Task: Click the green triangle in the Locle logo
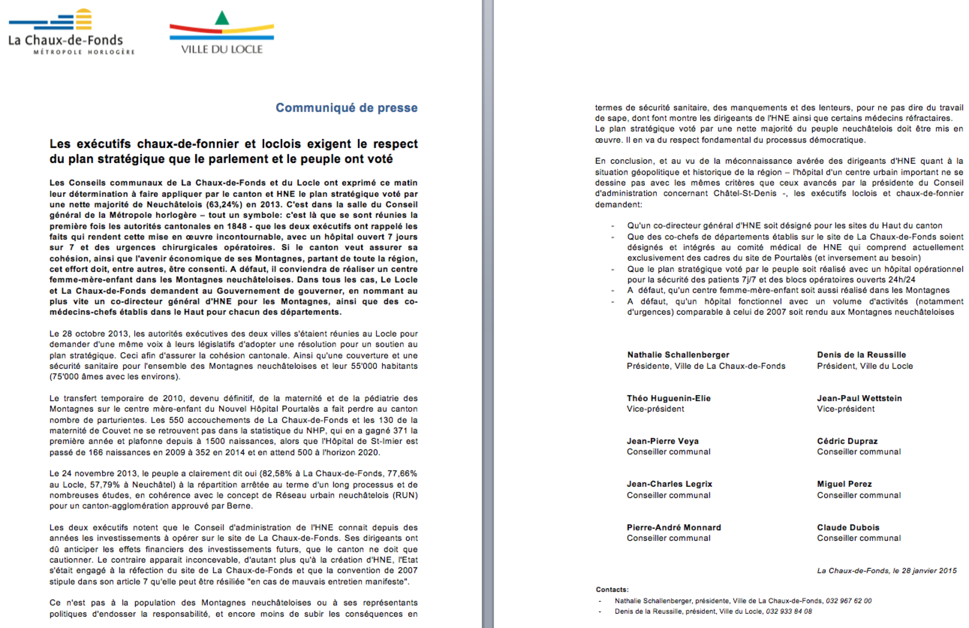[x=222, y=18]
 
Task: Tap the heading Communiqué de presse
[x=347, y=108]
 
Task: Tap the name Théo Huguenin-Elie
[x=669, y=398]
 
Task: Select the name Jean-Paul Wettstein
[x=859, y=398]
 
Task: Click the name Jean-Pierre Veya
[x=663, y=441]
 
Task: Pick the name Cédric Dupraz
[x=847, y=441]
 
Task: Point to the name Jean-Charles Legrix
[x=669, y=484]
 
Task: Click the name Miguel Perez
[x=844, y=484]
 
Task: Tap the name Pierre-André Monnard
[x=674, y=527]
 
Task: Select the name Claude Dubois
[x=848, y=527]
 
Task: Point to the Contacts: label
[x=612, y=590]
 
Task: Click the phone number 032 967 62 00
[x=849, y=601]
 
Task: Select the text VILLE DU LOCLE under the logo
[x=222, y=49]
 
